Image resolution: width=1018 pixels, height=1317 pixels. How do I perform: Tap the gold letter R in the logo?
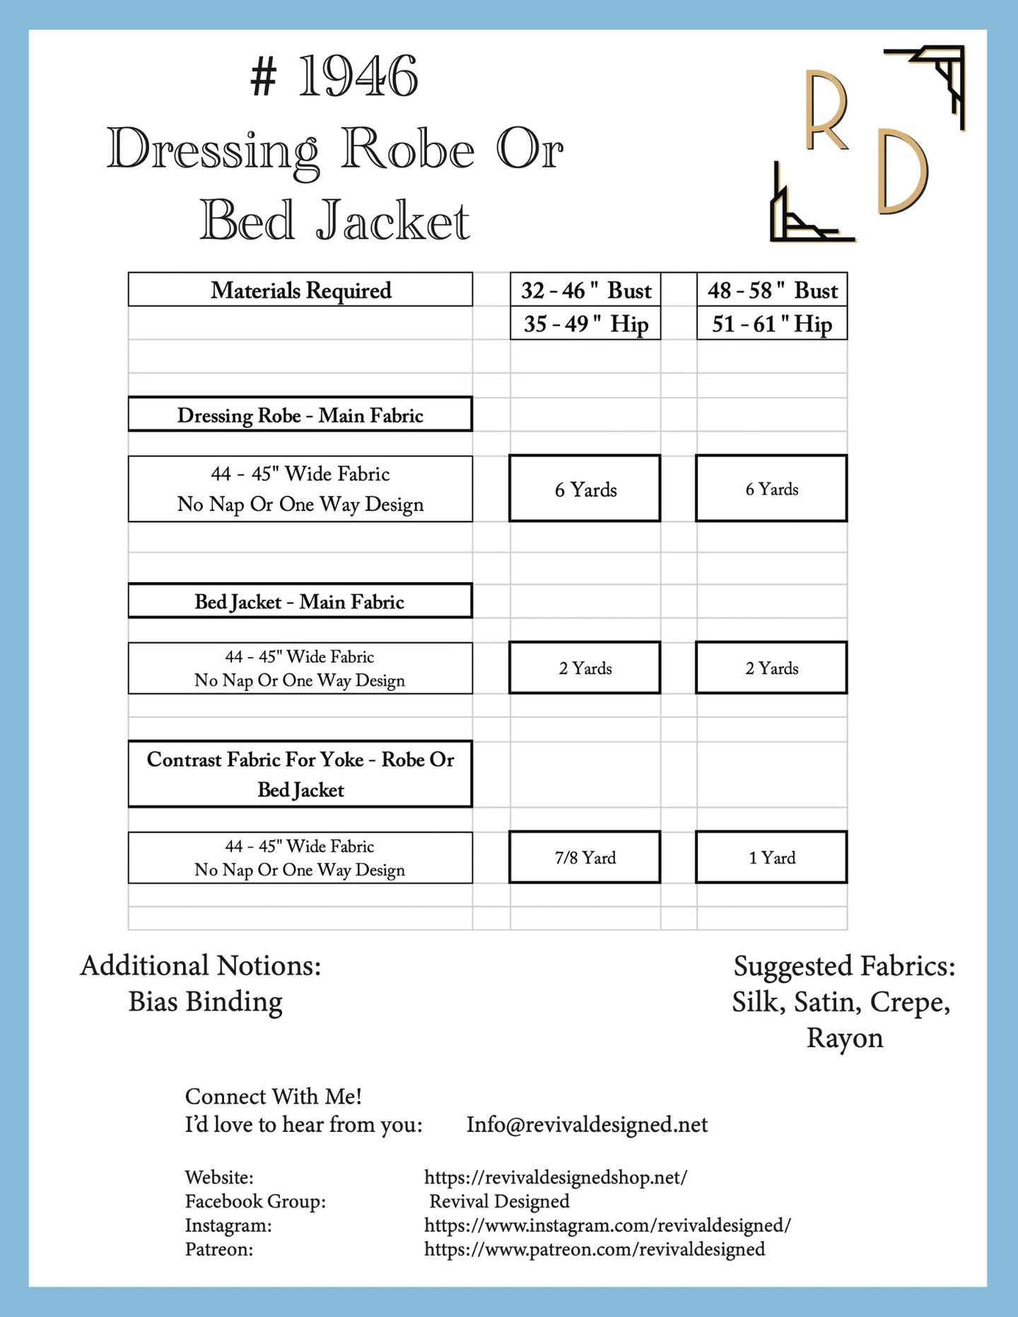[x=826, y=110]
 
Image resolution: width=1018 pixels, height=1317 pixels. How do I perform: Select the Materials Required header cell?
[x=300, y=290]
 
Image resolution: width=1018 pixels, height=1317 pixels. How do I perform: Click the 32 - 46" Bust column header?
[x=585, y=290]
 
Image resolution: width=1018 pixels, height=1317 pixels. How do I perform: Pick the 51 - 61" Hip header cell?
[x=771, y=324]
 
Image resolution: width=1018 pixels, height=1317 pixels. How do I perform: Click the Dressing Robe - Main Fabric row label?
[x=300, y=415]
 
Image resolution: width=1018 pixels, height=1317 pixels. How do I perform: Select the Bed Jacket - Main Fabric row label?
[x=300, y=601]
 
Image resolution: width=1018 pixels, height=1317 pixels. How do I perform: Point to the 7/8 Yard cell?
[x=585, y=857]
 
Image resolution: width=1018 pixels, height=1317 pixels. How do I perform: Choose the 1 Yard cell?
[x=771, y=857]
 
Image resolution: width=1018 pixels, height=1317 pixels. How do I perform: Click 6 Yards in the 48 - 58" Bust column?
[x=771, y=489]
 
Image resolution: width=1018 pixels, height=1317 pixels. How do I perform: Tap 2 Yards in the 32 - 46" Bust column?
[x=585, y=668]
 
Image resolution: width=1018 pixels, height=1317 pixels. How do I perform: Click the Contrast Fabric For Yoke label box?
[x=300, y=774]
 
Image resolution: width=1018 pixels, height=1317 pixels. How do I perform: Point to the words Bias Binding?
[x=205, y=1002]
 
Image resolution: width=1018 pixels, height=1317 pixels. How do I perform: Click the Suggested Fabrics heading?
[x=844, y=966]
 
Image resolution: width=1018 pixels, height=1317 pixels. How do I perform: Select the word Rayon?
[x=845, y=1038]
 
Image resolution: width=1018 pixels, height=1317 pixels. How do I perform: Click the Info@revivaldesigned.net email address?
[x=587, y=1124]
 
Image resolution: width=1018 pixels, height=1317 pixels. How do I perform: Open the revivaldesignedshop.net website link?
[x=556, y=1177]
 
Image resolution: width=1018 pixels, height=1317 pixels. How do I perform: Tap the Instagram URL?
[x=607, y=1225]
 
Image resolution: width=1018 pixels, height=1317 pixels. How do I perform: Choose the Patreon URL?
[x=595, y=1249]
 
